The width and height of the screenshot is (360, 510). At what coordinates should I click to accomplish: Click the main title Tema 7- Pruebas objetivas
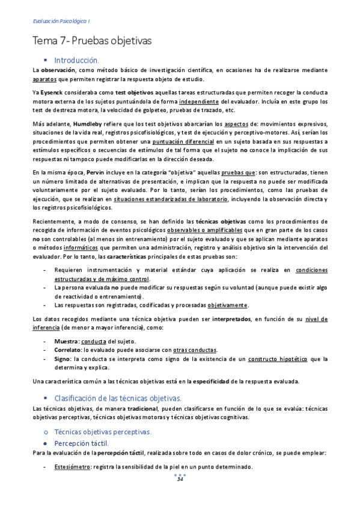click(x=92, y=41)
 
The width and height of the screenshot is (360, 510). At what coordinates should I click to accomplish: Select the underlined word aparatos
click(x=45, y=79)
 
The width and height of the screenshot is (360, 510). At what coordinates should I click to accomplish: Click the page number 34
click(x=179, y=479)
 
